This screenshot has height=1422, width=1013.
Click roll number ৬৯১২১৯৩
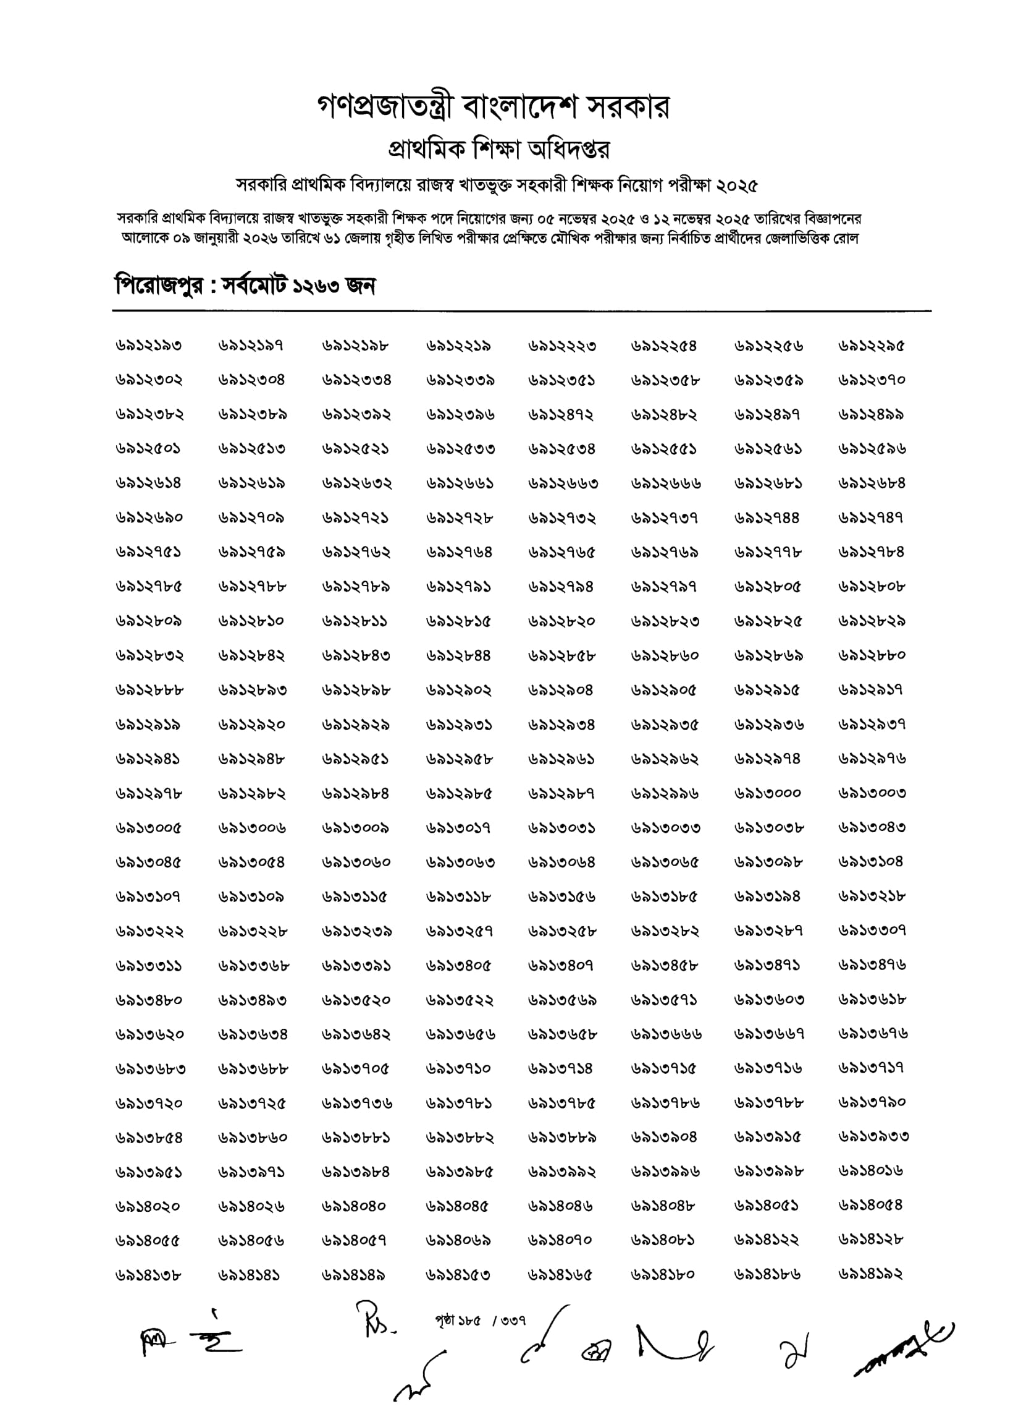tap(148, 345)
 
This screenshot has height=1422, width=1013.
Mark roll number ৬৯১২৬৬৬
tap(666, 483)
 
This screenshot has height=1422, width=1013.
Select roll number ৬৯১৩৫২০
tap(356, 1000)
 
